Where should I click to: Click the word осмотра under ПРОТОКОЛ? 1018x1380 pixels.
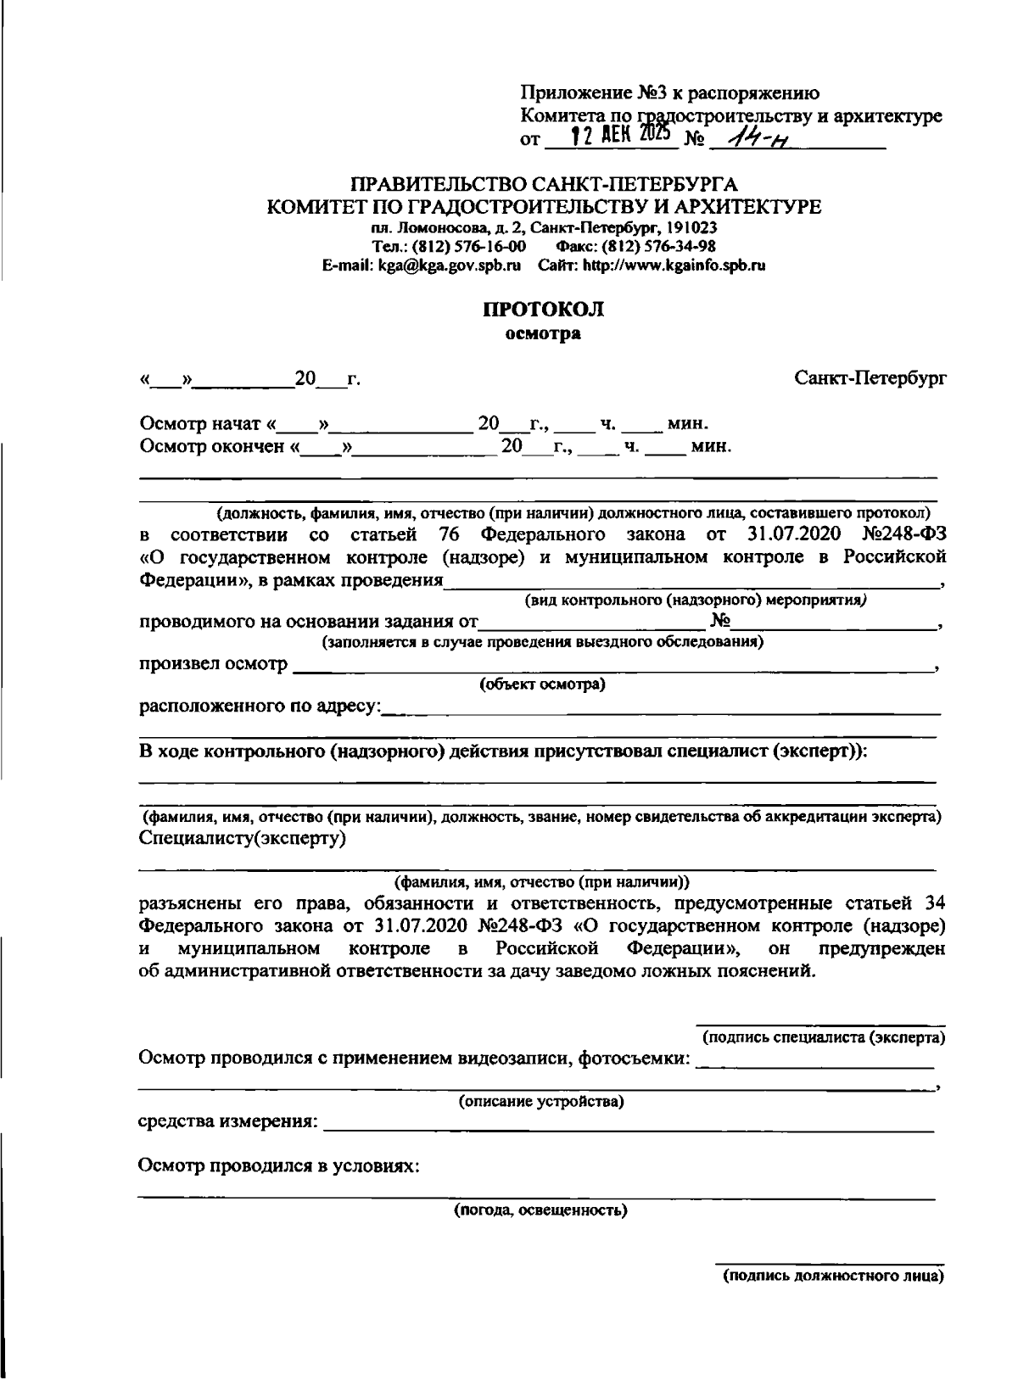pos(543,333)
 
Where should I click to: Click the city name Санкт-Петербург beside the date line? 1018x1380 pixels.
pos(870,377)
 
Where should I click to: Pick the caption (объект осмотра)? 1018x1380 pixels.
pos(542,684)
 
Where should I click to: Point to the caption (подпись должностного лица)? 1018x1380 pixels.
pos(832,1276)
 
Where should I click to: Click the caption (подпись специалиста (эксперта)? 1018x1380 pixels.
pos(823,1037)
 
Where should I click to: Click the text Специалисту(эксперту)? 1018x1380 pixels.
pos(242,838)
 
